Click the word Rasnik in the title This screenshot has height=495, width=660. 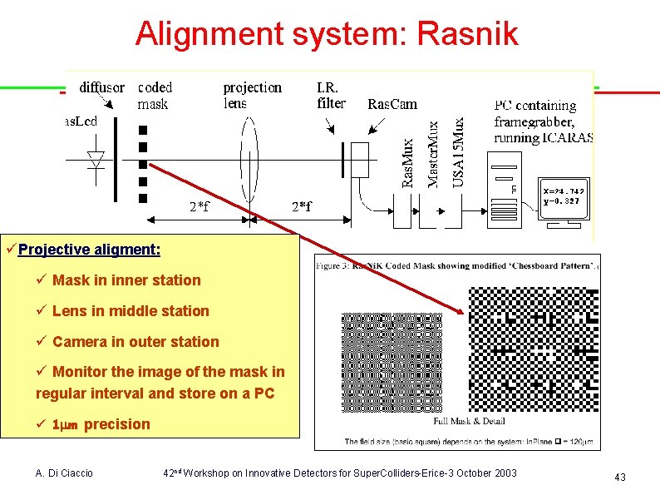coord(470,34)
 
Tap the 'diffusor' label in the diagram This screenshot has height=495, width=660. coord(101,87)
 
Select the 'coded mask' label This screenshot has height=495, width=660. coord(155,96)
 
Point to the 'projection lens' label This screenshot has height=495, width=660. coord(252,96)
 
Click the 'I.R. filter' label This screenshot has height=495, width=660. coord(331,96)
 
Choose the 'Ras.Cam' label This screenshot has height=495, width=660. coord(392,104)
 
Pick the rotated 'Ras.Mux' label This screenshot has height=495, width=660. coord(408,162)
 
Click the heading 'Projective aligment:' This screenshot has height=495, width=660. coord(89,250)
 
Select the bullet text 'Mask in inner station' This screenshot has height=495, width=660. coord(126,280)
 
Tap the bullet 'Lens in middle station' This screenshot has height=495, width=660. coord(131,311)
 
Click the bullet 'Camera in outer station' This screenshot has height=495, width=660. coord(135,342)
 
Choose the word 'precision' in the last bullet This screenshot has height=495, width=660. coord(117,424)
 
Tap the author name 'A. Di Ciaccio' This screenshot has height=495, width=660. coord(64,473)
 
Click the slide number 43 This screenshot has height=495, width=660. coord(619,477)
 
